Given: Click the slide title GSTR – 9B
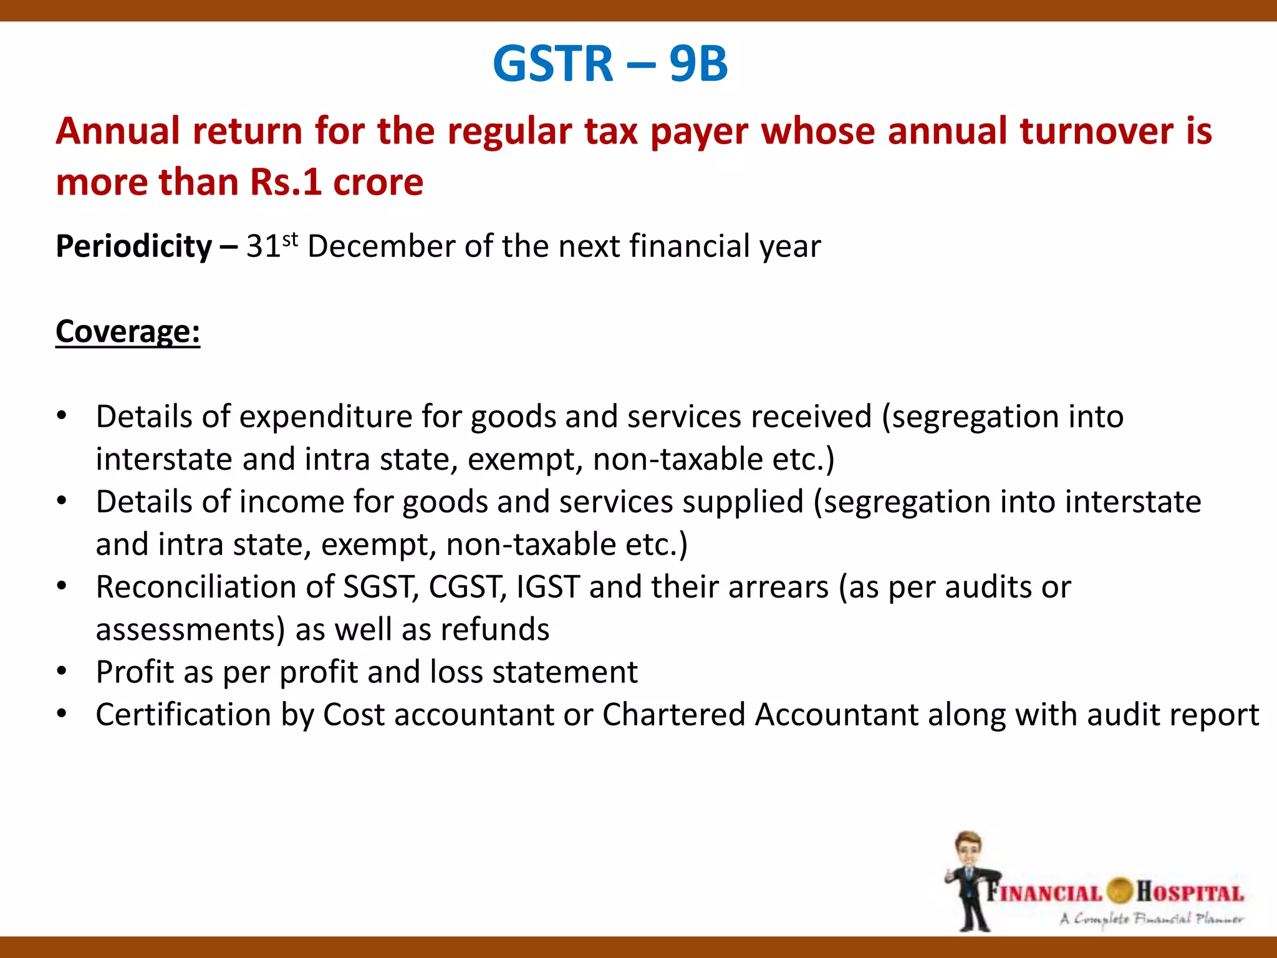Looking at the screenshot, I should [x=610, y=64].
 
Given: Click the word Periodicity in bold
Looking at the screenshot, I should [x=134, y=246].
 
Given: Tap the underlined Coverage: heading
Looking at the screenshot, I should [x=128, y=332].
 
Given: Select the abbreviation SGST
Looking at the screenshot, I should [x=381, y=588].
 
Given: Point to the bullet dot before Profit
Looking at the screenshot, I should [x=61, y=672].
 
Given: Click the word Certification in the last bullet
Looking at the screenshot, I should [x=183, y=715].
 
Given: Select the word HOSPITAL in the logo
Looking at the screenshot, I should [x=1190, y=893].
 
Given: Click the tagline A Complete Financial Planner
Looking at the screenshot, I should [x=1151, y=919].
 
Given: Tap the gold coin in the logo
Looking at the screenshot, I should [x=1120, y=891].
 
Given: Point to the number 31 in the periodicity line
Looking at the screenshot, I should [x=263, y=246].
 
